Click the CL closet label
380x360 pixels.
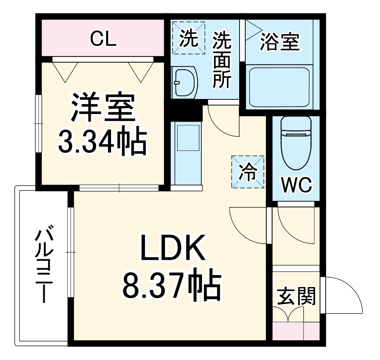pos(103,39)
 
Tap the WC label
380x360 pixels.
pos(296,185)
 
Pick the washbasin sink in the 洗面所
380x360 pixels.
pos(184,82)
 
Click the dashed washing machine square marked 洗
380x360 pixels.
pos(189,38)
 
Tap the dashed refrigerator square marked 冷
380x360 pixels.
pos(248,172)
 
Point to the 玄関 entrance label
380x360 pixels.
pos(296,296)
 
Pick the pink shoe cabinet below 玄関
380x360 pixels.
pos(296,331)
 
